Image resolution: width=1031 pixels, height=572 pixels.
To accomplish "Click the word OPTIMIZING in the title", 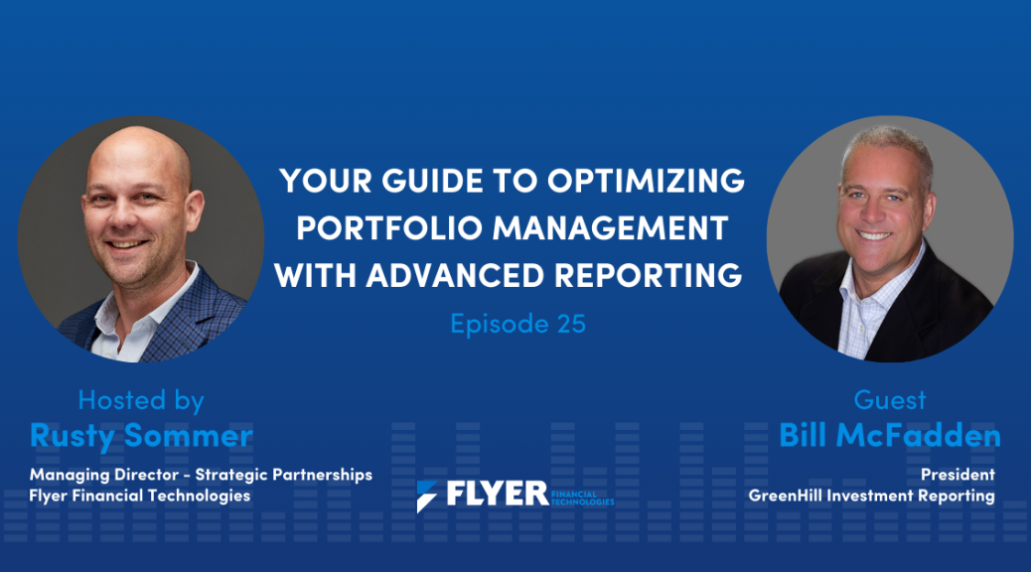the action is [646, 180].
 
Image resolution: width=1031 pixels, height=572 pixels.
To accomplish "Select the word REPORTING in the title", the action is [649, 275].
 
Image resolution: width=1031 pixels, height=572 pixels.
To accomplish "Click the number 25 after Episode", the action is [571, 324].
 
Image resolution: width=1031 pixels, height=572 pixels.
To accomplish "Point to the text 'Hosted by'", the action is [141, 400].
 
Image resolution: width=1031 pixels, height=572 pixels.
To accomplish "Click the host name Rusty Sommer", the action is [141, 436].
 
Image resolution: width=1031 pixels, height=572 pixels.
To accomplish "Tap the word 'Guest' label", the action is [890, 400].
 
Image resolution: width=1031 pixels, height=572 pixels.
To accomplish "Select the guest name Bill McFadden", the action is [890, 435].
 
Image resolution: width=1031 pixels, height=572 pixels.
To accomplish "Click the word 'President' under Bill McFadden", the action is [957, 475].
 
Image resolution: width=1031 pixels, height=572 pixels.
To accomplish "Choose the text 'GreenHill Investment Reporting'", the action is [871, 496].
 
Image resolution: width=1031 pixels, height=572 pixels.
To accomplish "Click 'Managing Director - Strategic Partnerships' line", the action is [201, 475].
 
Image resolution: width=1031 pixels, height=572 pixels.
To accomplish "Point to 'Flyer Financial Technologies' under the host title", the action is [139, 496].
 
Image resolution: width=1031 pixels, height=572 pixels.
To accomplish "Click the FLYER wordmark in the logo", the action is [497, 494].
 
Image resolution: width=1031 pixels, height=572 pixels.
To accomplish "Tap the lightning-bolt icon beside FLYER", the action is [426, 497].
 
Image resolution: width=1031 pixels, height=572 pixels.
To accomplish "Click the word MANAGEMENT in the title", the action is [610, 228].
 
